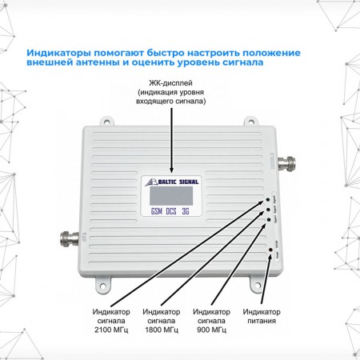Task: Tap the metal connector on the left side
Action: tap(66, 238)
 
